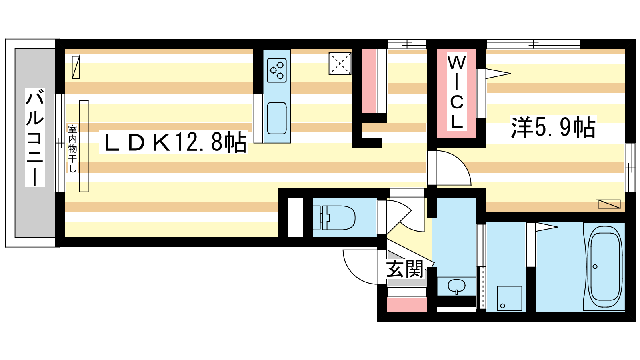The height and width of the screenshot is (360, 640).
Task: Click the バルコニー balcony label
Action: (x=35, y=138)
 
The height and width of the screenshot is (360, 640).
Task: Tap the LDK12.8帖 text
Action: (x=175, y=142)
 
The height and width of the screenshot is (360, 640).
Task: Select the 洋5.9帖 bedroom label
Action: (x=553, y=128)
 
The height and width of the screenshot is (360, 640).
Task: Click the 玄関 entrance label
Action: (x=405, y=268)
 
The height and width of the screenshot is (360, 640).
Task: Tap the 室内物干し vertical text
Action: (x=72, y=148)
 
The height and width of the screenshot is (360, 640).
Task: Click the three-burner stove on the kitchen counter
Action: (x=277, y=70)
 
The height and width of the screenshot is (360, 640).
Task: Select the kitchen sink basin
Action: (x=276, y=118)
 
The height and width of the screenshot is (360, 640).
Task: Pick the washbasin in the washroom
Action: (x=456, y=286)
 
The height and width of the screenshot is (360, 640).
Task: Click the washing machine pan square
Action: (x=510, y=298)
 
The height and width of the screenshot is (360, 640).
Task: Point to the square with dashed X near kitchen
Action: (x=340, y=64)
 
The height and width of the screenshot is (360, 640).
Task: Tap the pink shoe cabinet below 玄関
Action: (x=407, y=304)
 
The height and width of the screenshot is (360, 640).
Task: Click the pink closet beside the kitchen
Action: (x=370, y=81)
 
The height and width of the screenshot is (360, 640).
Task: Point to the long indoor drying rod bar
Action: (x=84, y=146)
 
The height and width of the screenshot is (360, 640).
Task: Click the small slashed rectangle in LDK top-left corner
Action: (x=76, y=67)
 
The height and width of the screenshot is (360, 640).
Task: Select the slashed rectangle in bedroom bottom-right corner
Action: (x=609, y=204)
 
